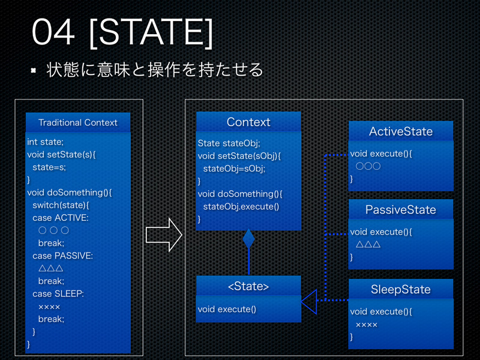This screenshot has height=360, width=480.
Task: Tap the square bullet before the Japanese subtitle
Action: [34, 71]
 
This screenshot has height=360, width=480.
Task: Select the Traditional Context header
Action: [78, 122]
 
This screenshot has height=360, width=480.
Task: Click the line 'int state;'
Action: [45, 142]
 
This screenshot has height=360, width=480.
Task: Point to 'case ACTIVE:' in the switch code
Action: [60, 218]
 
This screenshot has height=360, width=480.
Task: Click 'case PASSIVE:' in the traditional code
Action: [62, 256]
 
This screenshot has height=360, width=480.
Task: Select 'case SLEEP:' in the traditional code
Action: [58, 293]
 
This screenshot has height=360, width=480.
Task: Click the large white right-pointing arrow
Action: [164, 235]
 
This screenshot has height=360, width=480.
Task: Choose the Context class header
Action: [248, 122]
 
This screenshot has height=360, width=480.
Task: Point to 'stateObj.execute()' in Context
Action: [241, 206]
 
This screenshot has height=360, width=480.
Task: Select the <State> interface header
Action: [248, 286]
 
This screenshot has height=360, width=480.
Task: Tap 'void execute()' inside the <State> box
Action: [227, 310]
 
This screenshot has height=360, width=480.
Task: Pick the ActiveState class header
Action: [400, 131]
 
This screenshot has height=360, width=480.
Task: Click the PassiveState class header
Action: [400, 209]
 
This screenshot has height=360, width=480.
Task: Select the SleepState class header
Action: [400, 289]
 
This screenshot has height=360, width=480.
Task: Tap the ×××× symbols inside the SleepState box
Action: [367, 325]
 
